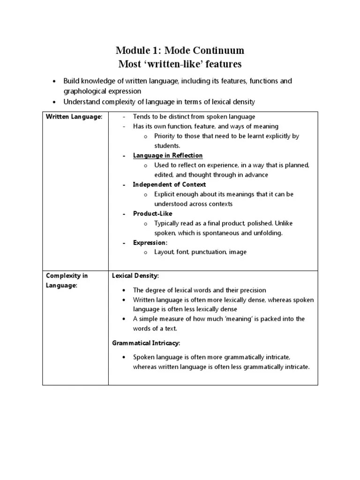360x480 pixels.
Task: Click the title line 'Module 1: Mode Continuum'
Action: [x=180, y=50]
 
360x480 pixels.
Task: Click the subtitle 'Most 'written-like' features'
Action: [x=180, y=64]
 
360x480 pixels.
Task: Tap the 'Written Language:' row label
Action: [x=74, y=117]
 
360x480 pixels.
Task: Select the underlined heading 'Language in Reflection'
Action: [x=167, y=155]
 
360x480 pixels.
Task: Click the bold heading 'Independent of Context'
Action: [x=169, y=184]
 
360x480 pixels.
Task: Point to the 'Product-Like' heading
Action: [x=152, y=213]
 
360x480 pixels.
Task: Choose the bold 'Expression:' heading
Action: [x=150, y=242]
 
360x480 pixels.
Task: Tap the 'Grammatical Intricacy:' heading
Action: [x=146, y=343]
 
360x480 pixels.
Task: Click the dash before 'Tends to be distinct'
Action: [x=124, y=117]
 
